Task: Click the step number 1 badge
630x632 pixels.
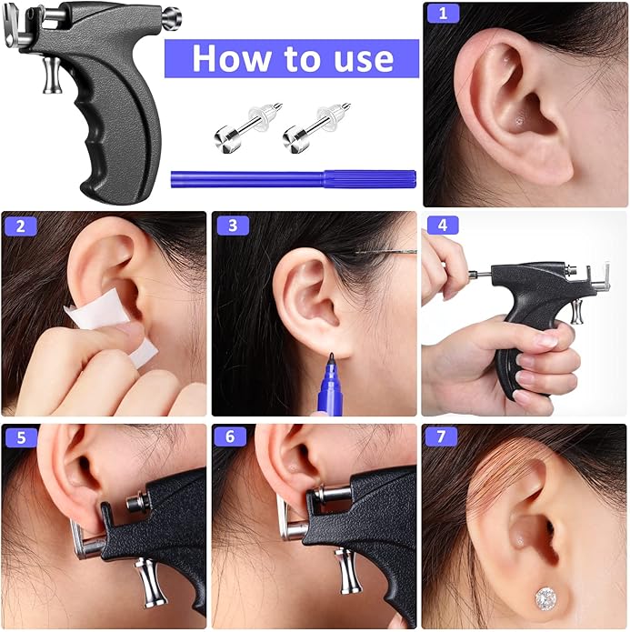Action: (443, 14)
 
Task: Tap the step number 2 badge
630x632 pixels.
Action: (21, 226)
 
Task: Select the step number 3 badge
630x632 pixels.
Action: (233, 226)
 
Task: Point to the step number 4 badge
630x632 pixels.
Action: (443, 226)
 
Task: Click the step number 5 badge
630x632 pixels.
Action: (21, 437)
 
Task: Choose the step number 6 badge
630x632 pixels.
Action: (230, 436)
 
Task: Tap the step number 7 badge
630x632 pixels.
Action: (441, 436)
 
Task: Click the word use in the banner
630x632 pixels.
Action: (364, 60)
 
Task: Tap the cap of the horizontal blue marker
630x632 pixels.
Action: (370, 179)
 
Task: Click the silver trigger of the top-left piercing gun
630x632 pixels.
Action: (52, 75)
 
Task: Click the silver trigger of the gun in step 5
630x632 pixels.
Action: (151, 583)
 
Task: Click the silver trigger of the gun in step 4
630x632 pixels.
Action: (577, 312)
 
